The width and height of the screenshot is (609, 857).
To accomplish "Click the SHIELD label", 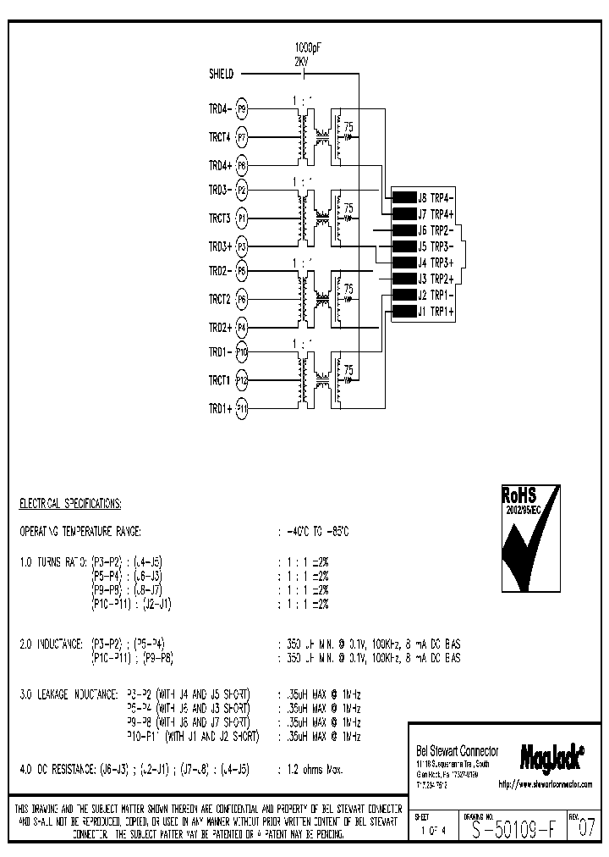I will click(222, 75).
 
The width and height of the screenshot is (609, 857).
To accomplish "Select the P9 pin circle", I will click(242, 109).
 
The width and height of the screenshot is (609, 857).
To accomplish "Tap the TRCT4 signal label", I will click(220, 136).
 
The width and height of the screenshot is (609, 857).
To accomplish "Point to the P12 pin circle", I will click(242, 380).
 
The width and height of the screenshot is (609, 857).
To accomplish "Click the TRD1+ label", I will click(220, 408).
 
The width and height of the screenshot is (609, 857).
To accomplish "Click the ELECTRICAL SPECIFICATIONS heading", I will click(70, 503).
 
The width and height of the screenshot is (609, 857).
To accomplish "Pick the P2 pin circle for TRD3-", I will click(242, 191).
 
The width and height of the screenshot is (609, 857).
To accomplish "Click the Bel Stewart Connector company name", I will click(458, 751).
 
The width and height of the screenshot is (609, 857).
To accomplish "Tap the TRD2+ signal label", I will click(220, 327).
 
